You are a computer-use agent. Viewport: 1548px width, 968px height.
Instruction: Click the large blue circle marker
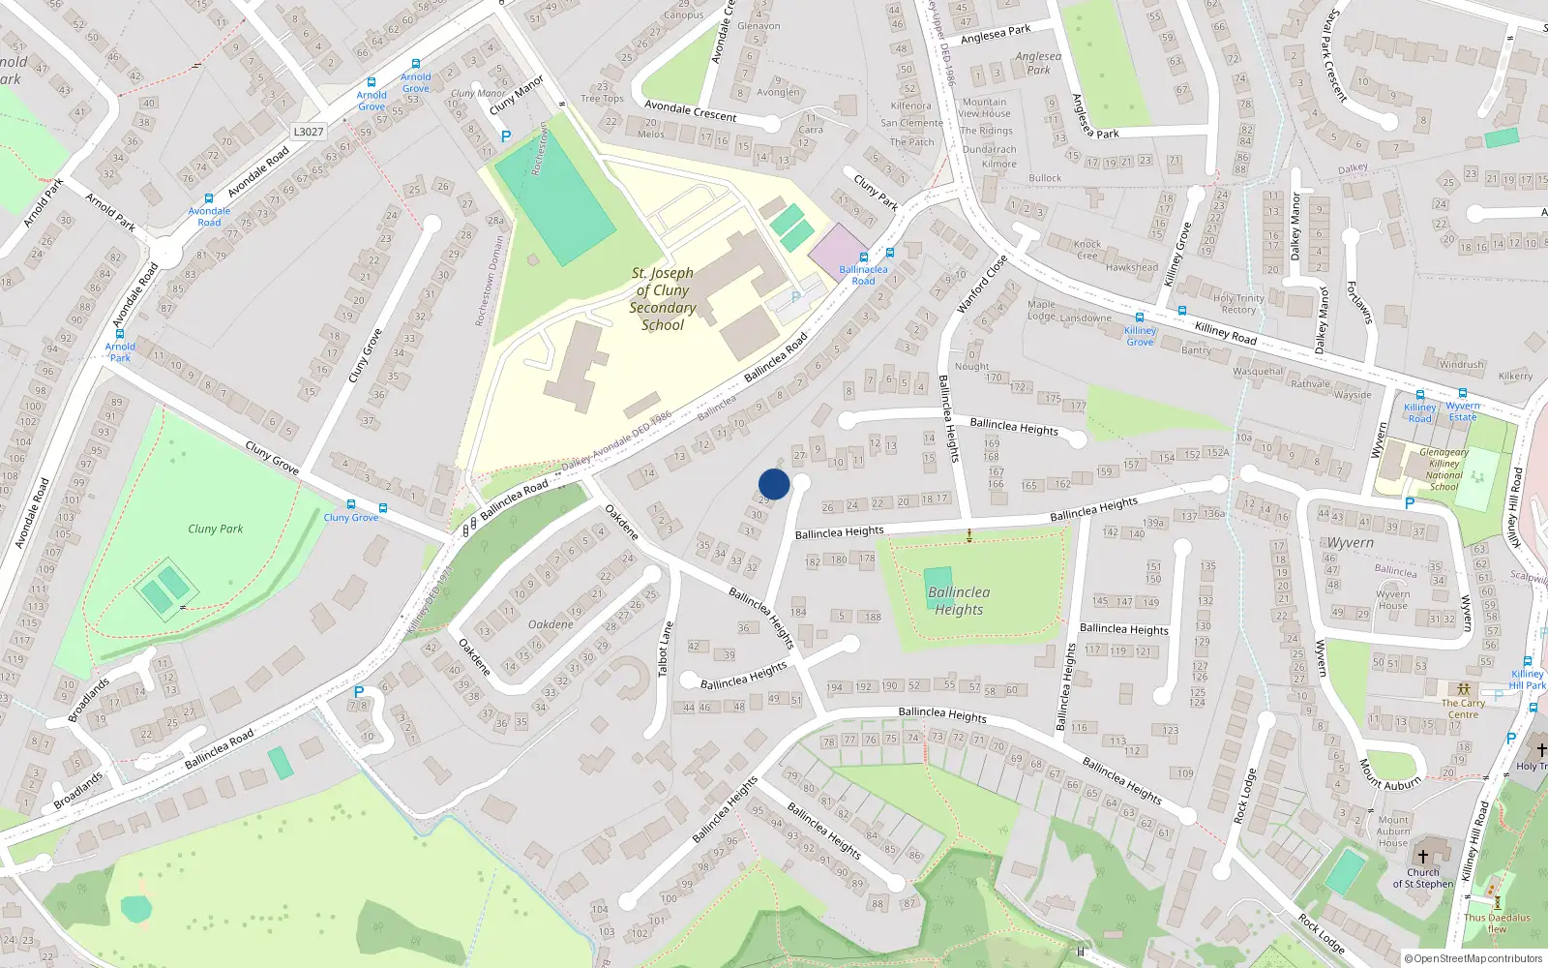(774, 484)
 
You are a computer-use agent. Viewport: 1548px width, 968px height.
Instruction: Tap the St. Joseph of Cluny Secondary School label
(663, 299)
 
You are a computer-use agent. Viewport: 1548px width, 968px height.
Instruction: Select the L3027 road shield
(308, 132)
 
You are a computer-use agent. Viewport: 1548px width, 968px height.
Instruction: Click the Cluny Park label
(216, 529)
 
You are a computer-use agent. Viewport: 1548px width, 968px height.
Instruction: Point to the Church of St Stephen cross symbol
(1423, 856)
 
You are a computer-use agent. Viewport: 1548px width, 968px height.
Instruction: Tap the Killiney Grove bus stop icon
(1140, 318)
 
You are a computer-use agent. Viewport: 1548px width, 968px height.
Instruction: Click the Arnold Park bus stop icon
(120, 334)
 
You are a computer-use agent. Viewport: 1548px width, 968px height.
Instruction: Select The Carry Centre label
(1463, 709)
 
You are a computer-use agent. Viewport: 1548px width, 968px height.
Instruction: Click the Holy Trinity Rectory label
(1238, 304)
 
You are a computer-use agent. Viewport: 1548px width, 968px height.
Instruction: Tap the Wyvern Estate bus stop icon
(1463, 394)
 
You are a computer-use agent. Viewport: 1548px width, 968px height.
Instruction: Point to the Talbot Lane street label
(665, 649)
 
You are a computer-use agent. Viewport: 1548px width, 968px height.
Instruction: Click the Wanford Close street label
(982, 283)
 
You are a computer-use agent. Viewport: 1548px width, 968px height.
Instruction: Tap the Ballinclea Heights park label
(959, 600)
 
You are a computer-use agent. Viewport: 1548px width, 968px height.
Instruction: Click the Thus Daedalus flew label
(1497, 923)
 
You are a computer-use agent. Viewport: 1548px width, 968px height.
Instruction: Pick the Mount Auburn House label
(1393, 832)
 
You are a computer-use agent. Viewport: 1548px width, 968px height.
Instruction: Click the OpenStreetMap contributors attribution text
(1474, 958)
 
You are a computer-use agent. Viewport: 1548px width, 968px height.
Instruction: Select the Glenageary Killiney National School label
(1444, 469)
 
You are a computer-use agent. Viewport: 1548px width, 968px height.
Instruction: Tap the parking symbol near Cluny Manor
(505, 137)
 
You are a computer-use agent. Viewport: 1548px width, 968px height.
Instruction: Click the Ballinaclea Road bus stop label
(863, 275)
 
